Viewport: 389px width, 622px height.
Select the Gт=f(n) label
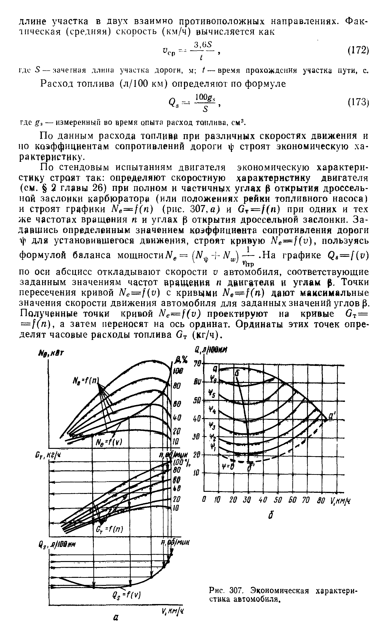point(110,529)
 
